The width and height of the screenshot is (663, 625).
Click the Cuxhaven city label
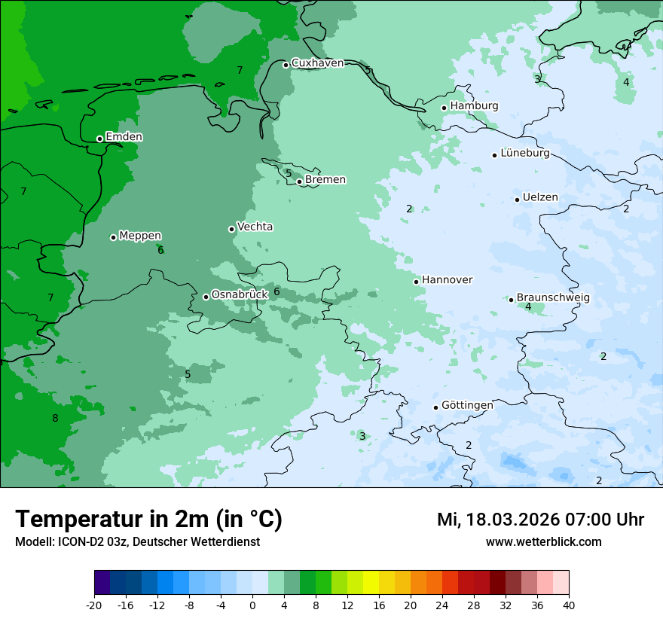pyautogui.click(x=317, y=63)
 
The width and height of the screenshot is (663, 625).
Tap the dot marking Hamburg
pyautogui.click(x=445, y=108)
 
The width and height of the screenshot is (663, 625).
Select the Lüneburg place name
pyautogui.click(x=524, y=154)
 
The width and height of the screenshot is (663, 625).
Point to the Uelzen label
pyautogui.click(x=540, y=198)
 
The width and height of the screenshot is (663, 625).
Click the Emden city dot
pyautogui.click(x=99, y=139)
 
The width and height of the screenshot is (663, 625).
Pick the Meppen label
pyautogui.click(x=140, y=236)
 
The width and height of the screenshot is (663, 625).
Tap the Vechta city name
pyautogui.click(x=255, y=227)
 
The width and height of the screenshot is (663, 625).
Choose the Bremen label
pyautogui.click(x=325, y=180)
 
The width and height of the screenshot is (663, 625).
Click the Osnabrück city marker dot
pyautogui.click(x=206, y=297)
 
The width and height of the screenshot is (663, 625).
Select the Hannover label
pyautogui.click(x=447, y=280)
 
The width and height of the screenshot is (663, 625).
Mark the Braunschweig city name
pyautogui.click(x=553, y=298)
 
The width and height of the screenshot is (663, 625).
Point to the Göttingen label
pyautogui.click(x=467, y=406)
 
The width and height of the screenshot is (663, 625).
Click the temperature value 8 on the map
pyautogui.click(x=55, y=419)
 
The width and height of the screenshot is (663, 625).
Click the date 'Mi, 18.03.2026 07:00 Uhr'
pyautogui.click(x=540, y=520)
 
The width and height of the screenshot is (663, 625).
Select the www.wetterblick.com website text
pyautogui.click(x=543, y=542)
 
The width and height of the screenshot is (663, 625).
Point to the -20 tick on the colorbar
pyautogui.click(x=94, y=605)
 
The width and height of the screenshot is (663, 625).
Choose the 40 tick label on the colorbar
pyautogui.click(x=569, y=605)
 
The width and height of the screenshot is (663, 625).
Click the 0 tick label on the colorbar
pyautogui.click(x=252, y=605)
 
